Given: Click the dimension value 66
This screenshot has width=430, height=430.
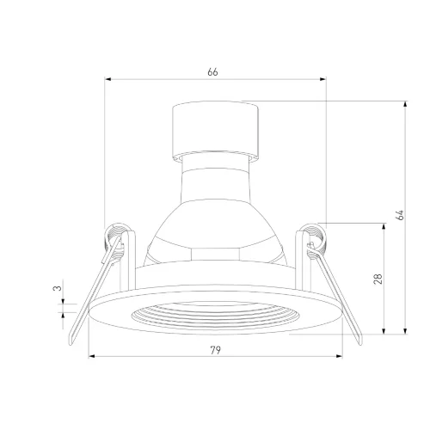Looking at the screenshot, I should point(212,72).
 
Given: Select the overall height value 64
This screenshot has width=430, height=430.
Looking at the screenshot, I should point(399,215).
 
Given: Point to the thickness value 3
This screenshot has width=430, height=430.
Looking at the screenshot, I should point(57,289).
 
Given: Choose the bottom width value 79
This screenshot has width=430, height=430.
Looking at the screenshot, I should point(216,349).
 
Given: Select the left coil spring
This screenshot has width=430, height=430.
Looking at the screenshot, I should point(116,235).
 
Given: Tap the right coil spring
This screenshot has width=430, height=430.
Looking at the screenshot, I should point(314,235).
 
